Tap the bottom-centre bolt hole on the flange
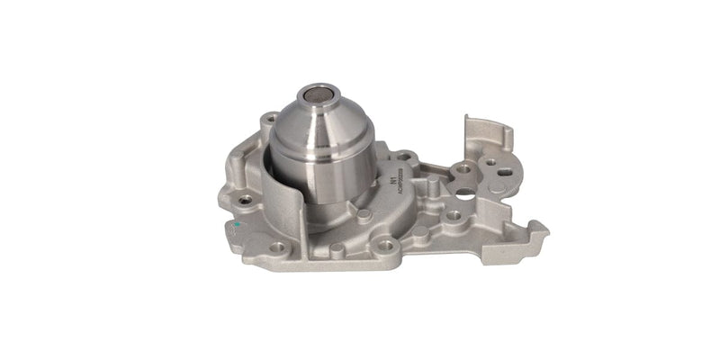[385, 245]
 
